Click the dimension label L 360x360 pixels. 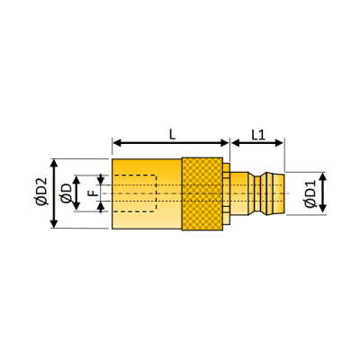tap(172, 135)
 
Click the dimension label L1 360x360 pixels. tap(258, 135)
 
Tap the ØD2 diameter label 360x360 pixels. tap(41, 192)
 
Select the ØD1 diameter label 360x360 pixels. tap(310, 194)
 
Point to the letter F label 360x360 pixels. tap(94, 193)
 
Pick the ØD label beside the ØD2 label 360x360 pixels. tap(66, 193)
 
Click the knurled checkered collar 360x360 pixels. tap(202, 193)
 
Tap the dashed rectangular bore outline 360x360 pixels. tap(134, 193)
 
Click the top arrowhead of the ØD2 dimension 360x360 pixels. tap(54, 164)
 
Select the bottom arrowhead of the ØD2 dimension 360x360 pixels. tap(54, 223)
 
